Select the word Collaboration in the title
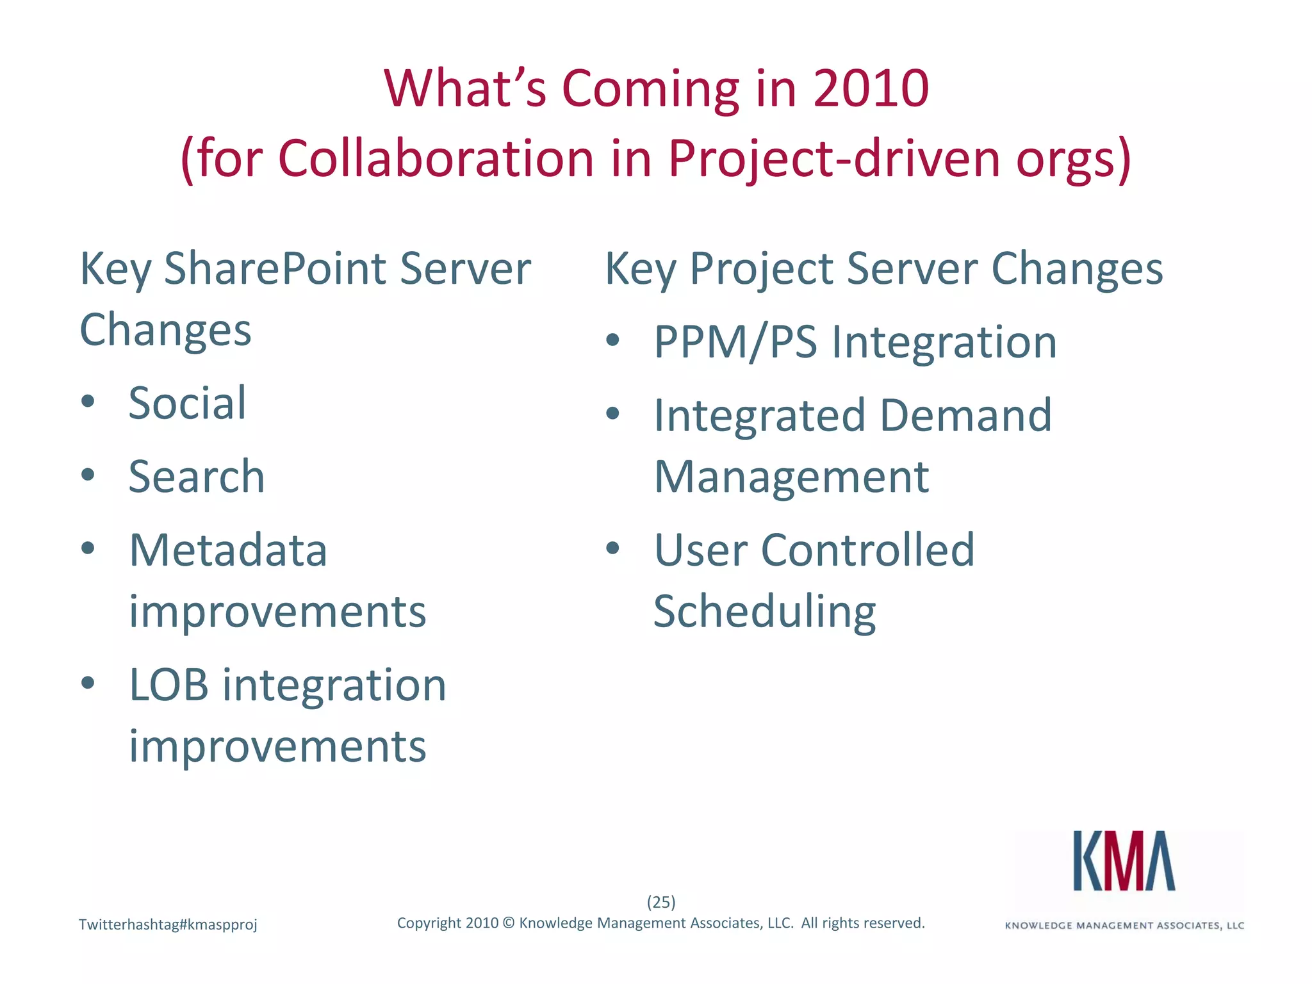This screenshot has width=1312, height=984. [x=436, y=158]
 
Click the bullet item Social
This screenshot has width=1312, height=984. [x=187, y=404]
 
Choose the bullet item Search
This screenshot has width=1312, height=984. [x=196, y=477]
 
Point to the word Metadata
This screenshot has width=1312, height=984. [x=228, y=550]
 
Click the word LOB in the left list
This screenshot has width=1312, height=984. [x=168, y=685]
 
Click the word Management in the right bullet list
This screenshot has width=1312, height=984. [x=791, y=477]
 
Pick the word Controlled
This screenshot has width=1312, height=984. [x=867, y=550]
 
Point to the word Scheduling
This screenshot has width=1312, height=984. [x=764, y=612]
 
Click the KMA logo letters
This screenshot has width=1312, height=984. [x=1124, y=861]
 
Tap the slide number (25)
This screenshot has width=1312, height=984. [x=661, y=902]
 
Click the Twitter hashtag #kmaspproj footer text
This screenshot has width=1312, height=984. [x=168, y=924]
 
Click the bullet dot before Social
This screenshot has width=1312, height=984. [x=88, y=402]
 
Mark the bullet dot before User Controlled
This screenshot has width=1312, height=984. [x=613, y=548]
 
